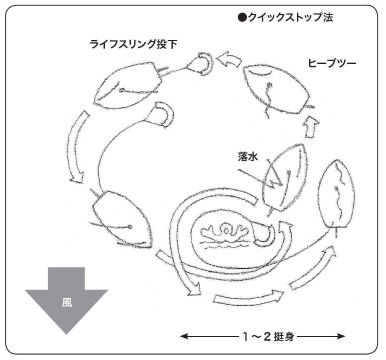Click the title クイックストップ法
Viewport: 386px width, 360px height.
point(290,17)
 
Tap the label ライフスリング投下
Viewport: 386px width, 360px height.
point(133,44)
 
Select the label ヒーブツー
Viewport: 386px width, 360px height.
point(332,63)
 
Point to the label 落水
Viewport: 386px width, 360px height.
point(248,157)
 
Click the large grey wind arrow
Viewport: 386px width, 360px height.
point(66,299)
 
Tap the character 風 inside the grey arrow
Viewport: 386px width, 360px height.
point(67,302)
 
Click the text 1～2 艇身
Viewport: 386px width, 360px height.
point(269,336)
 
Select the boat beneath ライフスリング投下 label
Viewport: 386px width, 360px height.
point(127,84)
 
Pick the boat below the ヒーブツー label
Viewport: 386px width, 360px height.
point(277,89)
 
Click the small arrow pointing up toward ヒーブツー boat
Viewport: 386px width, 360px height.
point(312,126)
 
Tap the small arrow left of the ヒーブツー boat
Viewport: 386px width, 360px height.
point(229,60)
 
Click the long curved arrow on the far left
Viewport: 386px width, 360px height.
point(75,147)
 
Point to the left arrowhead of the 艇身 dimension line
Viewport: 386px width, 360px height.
point(183,336)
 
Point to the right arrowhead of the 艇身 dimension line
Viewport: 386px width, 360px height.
point(341,336)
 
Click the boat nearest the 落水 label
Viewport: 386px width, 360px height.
point(284,178)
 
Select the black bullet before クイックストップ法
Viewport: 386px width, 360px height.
point(242,18)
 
